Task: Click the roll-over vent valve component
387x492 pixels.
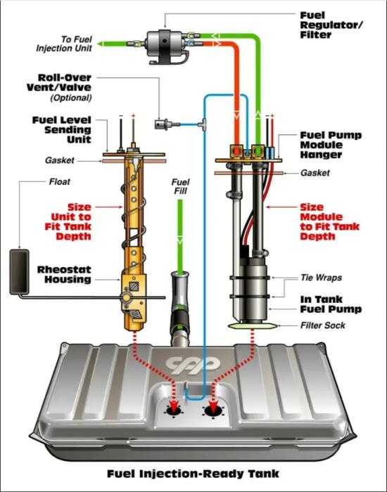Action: [x=162, y=124]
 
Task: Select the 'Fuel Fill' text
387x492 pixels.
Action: [x=181, y=187]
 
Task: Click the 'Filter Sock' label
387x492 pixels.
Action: [x=323, y=325]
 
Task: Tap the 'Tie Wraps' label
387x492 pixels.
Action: [x=320, y=278]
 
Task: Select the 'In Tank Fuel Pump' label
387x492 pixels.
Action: [x=331, y=304]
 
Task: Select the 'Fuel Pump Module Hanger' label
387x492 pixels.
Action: [x=324, y=144]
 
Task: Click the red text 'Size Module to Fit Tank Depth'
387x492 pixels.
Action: [x=327, y=221]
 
